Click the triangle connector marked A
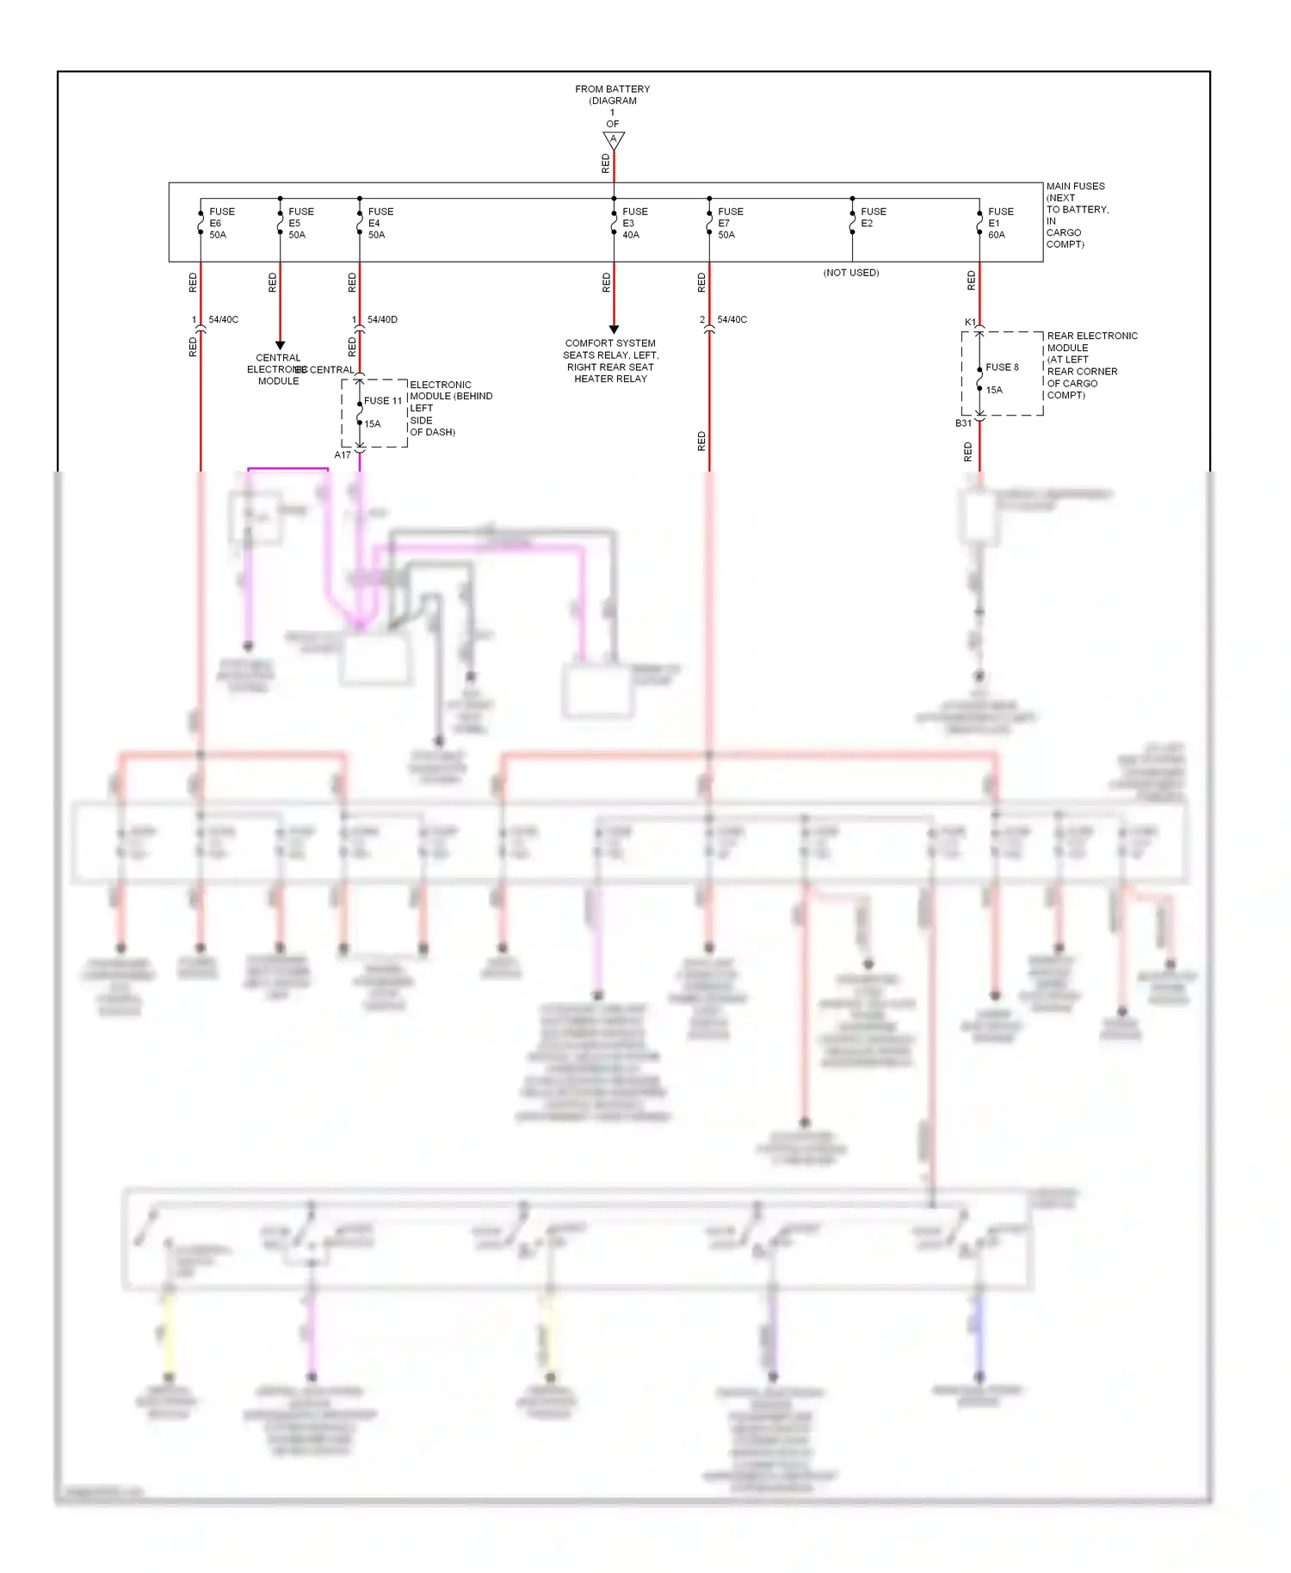tap(614, 139)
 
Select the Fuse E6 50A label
tap(220, 223)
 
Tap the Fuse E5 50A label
tap(300, 223)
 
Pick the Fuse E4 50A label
tap(380, 223)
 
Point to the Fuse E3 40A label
tap(634, 223)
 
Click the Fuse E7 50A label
tap(730, 223)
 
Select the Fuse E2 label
tap(872, 217)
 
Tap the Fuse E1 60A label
tap(999, 223)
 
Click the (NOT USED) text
tap(850, 273)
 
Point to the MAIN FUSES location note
tap(1076, 215)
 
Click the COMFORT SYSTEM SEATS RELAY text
tap(610, 361)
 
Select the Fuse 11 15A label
tap(381, 411)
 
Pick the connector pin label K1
tap(970, 323)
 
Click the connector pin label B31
tap(963, 423)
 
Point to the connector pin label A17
tap(343, 455)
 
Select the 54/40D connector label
tap(382, 319)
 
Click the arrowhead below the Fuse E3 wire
tap(614, 330)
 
